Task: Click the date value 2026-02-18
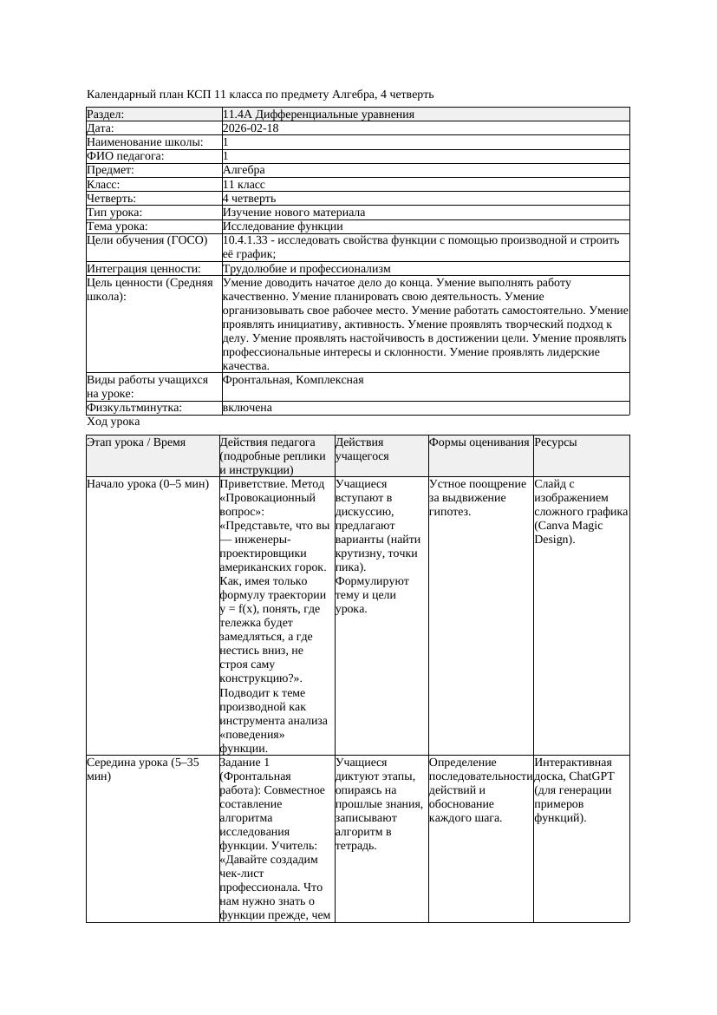pyautogui.click(x=251, y=128)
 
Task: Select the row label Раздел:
pyautogui.click(x=106, y=115)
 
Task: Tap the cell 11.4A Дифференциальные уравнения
pyautogui.click(x=318, y=115)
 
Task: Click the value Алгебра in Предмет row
pyautogui.click(x=244, y=170)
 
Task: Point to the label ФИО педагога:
pyautogui.click(x=126, y=156)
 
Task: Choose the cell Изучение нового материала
pyautogui.click(x=294, y=213)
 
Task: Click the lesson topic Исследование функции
pyautogui.click(x=282, y=226)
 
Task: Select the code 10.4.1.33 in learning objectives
pyautogui.click(x=247, y=240)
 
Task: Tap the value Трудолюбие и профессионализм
pyautogui.click(x=306, y=269)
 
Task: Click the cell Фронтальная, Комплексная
pyautogui.click(x=293, y=380)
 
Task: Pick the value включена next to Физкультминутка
pyautogui.click(x=247, y=408)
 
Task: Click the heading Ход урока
pyautogui.click(x=113, y=422)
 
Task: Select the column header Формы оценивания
pyautogui.click(x=479, y=442)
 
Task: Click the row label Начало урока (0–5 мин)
pyautogui.click(x=142, y=484)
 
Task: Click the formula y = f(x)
pyautogui.click(x=247, y=609)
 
